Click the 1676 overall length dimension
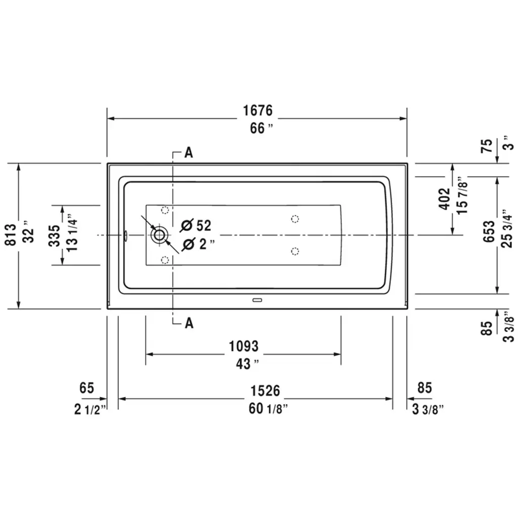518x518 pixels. (x=258, y=110)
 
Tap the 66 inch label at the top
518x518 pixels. (x=262, y=128)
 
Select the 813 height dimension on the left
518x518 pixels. (x=11, y=235)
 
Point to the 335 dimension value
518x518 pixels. (x=55, y=236)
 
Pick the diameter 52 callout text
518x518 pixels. (x=196, y=225)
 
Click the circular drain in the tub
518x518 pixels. (x=159, y=235)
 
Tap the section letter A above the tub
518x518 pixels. (x=188, y=153)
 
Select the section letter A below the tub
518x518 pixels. (x=189, y=323)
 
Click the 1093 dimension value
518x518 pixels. (x=244, y=346)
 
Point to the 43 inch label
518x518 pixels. (x=247, y=364)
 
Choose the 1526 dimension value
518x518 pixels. (x=265, y=391)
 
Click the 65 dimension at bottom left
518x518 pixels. (x=87, y=387)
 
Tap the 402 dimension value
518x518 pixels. (x=445, y=198)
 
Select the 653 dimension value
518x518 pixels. (x=489, y=231)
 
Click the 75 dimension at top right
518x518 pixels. (x=487, y=146)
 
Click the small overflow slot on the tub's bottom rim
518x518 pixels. (x=257, y=300)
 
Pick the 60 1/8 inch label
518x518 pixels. (x=268, y=409)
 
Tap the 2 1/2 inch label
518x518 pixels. (x=90, y=410)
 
